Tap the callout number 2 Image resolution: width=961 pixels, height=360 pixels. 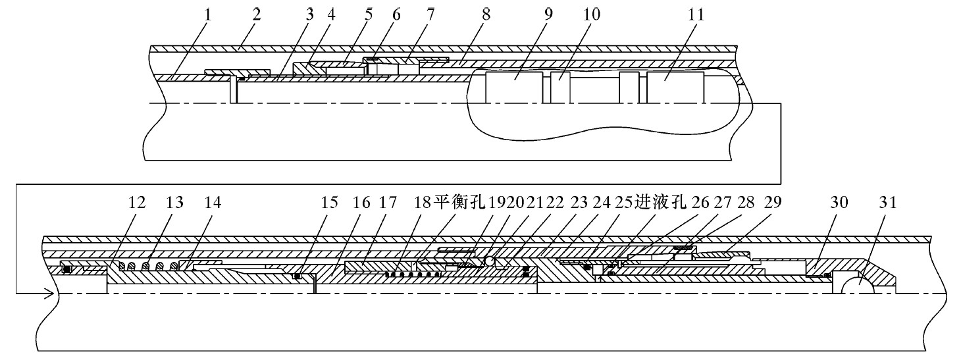click(256, 14)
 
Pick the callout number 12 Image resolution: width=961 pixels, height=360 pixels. click(136, 203)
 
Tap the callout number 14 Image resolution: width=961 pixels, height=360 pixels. click(212, 203)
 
